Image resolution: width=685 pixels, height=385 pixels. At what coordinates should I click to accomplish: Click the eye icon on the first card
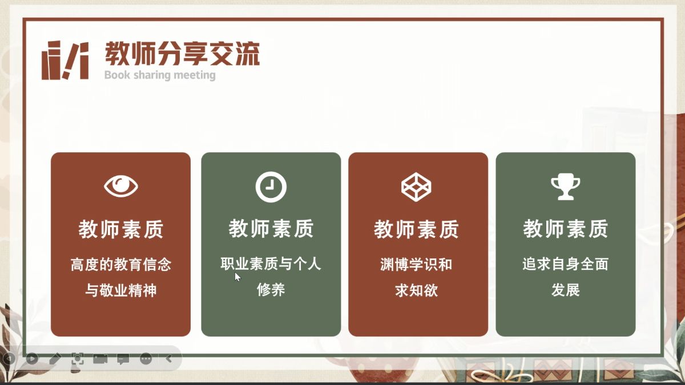121,186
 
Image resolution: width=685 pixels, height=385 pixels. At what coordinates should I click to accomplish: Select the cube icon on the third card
416,187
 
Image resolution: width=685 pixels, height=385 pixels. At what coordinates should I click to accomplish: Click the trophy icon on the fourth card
566,187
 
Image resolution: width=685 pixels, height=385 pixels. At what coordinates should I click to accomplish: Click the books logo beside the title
65,60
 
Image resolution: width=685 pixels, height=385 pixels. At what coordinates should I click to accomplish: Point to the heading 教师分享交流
183,54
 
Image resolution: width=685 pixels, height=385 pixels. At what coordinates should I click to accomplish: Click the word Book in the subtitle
117,75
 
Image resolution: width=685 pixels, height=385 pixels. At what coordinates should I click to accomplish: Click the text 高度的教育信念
121,264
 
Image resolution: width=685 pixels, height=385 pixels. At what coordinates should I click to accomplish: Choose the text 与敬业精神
121,290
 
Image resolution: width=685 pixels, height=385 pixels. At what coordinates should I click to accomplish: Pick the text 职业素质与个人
271,264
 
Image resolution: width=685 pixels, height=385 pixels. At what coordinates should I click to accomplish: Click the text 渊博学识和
416,264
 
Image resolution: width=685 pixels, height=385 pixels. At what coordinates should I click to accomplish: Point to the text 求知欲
416,290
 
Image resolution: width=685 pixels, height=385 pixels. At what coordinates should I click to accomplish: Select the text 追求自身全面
566,264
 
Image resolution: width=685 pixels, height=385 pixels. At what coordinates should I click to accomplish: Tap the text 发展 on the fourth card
566,289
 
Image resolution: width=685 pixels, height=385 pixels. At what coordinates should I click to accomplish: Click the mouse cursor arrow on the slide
237,277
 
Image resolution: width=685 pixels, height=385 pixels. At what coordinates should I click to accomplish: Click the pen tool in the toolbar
55,358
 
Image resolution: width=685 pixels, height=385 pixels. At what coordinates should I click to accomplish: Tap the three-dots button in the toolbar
146,358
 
